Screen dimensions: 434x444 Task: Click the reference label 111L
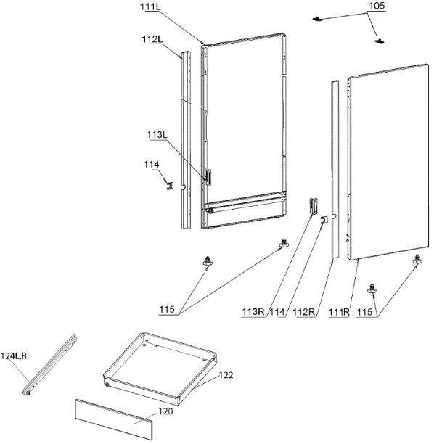(x=150, y=7)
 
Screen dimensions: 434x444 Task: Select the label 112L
(x=152, y=39)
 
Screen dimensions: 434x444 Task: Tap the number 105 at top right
(x=377, y=6)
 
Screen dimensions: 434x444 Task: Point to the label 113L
(x=157, y=135)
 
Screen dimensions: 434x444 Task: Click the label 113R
(x=253, y=312)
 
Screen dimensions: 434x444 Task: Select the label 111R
(x=339, y=312)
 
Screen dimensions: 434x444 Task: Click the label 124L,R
(x=14, y=356)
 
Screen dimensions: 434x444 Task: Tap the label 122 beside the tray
(x=226, y=375)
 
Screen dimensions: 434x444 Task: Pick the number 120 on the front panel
(x=165, y=411)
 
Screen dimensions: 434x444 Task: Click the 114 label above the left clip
(x=151, y=164)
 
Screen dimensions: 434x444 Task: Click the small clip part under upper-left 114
(x=170, y=186)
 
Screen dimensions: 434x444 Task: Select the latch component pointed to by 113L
(x=209, y=178)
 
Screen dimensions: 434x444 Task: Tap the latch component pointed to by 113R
(x=314, y=206)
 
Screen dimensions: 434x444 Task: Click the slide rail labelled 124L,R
(x=50, y=365)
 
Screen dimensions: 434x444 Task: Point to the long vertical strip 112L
(x=186, y=140)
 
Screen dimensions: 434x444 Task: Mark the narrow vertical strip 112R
(x=335, y=169)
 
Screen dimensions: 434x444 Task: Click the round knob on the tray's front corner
(x=107, y=385)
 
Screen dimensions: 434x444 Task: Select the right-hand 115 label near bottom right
(x=364, y=312)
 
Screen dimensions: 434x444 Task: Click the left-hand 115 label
(x=167, y=309)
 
